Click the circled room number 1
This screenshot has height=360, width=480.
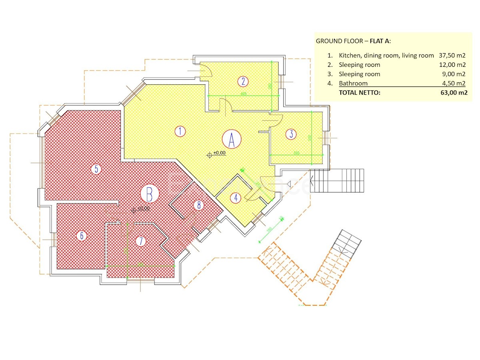[180, 131]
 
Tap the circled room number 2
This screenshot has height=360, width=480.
[243, 82]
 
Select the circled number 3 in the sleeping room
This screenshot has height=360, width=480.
[291, 134]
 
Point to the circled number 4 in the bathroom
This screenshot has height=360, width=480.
[236, 198]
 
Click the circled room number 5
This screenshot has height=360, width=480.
[96, 169]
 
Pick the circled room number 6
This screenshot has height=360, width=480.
[82, 236]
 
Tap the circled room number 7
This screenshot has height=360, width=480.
[140, 241]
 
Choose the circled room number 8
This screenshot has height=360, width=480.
[199, 205]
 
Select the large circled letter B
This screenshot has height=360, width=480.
[150, 194]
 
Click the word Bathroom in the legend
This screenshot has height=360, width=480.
[353, 84]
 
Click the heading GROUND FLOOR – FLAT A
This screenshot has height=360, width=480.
[354, 41]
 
